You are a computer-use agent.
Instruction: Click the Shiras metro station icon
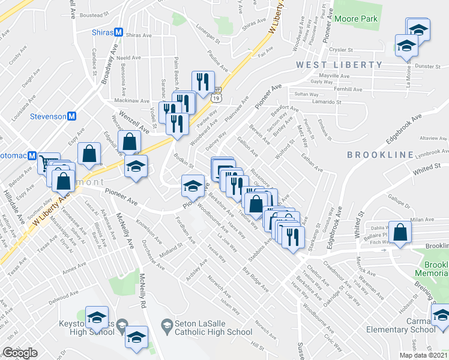(x=118, y=32)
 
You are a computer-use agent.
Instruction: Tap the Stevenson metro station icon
(x=71, y=116)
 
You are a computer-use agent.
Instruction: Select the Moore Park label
(x=356, y=19)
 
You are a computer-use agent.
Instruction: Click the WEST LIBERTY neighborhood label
(x=339, y=65)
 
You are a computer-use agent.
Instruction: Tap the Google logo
(x=20, y=353)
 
